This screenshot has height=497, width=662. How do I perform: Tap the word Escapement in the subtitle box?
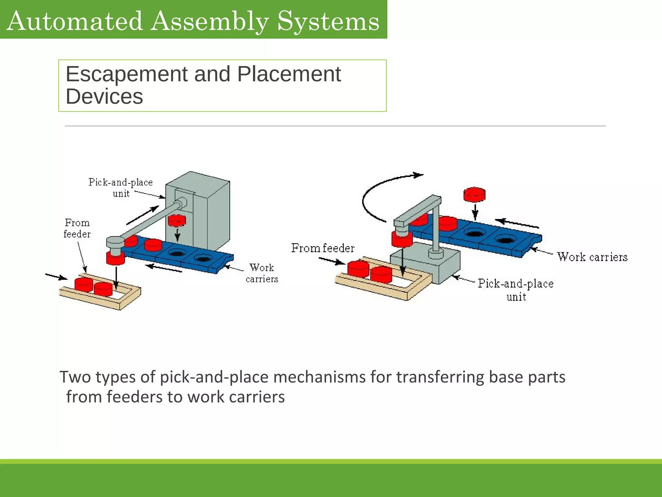point(126,74)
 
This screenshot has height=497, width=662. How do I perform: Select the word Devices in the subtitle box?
point(104,96)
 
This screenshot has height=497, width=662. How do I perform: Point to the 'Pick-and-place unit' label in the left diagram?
point(121,188)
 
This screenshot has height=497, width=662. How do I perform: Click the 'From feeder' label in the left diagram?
point(77,228)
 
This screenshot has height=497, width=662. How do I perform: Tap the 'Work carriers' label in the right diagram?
point(592,257)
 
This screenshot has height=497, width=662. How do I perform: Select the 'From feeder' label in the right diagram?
point(323,248)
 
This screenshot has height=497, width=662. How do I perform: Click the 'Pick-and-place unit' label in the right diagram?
point(516,290)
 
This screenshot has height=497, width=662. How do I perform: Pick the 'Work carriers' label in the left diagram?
point(262,273)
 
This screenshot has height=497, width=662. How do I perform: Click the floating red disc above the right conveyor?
point(474,194)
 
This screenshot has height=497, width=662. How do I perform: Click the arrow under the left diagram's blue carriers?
point(164,268)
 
